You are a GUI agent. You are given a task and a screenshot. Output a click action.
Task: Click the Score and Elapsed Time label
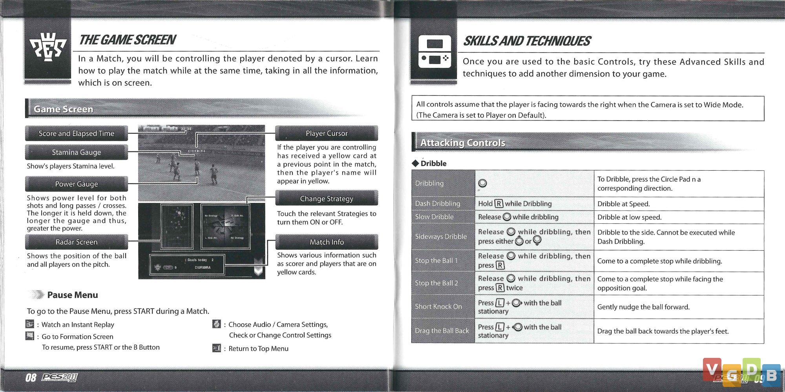tap(77, 133)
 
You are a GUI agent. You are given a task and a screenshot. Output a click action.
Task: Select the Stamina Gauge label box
tap(77, 152)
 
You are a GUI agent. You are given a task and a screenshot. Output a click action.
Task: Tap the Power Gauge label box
tap(77, 184)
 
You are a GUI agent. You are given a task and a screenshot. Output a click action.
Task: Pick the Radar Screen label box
tap(77, 242)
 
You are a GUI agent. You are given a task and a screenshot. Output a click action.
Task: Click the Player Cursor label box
tap(327, 133)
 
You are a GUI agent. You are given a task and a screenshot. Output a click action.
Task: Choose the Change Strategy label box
tap(327, 199)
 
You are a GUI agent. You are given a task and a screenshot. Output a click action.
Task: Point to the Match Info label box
tap(327, 242)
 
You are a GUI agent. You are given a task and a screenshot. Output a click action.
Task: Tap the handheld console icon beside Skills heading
tap(434, 51)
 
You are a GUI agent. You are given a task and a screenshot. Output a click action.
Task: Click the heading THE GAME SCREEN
tap(127, 40)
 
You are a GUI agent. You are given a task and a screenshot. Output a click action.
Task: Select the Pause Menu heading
tap(73, 295)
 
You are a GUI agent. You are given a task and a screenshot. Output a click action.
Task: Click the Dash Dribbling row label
tap(438, 203)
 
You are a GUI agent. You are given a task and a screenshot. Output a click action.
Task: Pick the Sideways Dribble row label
tap(441, 236)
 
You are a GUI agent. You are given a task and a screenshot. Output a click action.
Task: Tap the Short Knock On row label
tap(438, 306)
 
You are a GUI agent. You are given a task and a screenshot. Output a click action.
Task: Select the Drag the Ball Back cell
tap(442, 331)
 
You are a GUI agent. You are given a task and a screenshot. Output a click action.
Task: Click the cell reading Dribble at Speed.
tap(624, 204)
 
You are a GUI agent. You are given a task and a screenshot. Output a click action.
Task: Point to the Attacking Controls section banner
tap(463, 143)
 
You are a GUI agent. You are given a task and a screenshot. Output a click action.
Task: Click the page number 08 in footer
tap(31, 377)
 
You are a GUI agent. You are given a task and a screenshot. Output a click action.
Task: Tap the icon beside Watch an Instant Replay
tap(30, 324)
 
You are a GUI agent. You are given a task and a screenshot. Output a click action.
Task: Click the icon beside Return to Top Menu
tap(217, 348)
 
